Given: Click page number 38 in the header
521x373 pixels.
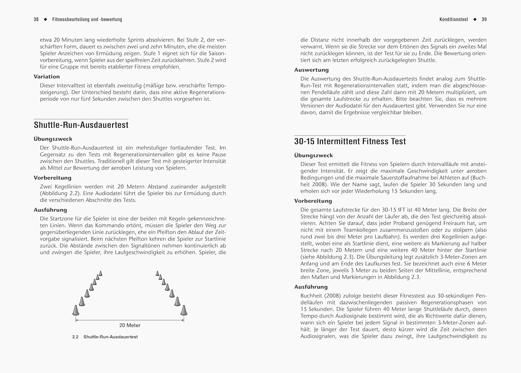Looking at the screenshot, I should pos(36,19).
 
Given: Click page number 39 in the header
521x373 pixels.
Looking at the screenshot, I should pos(484,19).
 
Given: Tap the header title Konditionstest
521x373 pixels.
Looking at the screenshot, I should pos(454,19).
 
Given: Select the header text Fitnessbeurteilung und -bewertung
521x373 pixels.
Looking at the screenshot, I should pos(87,19).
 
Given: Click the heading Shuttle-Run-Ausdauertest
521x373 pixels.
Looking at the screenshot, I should pos(81,125).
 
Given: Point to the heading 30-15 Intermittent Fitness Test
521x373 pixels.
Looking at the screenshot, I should pos(350,141).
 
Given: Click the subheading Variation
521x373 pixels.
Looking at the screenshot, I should pos(47,77).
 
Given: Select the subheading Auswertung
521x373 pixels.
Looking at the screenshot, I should pos(311,70).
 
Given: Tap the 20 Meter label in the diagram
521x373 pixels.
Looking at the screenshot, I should pos(130,325).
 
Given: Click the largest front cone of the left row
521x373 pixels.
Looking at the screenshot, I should pos(76,310).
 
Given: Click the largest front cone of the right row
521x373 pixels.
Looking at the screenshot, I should pos(184,310).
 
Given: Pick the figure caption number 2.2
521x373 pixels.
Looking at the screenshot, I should pos(75,337).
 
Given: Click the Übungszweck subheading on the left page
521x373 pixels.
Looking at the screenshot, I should pos(53,139).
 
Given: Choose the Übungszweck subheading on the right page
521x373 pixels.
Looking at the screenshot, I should pos(313,156).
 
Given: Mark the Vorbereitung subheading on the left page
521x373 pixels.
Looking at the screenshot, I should pos(52,178).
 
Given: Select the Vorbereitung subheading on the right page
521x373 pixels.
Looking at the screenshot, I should pos(313,201).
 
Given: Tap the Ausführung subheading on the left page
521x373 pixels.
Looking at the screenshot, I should pos(50,210).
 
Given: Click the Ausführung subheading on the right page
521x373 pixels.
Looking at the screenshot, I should pos(311,287).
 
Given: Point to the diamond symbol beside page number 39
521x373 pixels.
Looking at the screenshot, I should pos(475,19).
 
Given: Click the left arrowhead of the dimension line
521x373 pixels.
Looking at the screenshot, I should pos(77,320).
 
